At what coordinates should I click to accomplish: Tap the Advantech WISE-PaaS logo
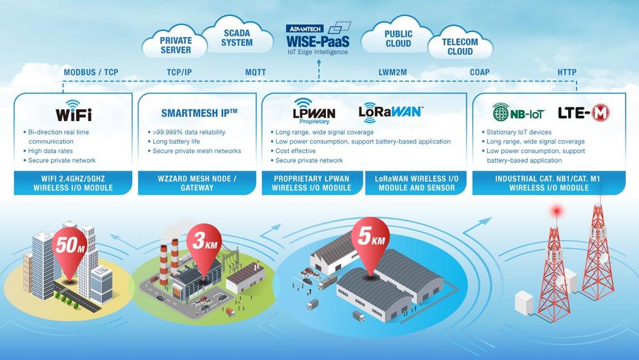(x=318, y=39)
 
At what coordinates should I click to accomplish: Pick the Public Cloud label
(x=398, y=39)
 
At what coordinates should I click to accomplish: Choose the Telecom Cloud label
(x=459, y=47)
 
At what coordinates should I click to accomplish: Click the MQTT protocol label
(x=256, y=72)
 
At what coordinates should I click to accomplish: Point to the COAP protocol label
(x=479, y=72)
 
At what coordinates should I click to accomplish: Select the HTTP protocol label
(x=567, y=72)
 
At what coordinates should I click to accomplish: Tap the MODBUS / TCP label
(x=91, y=72)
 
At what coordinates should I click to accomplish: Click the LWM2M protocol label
(x=392, y=72)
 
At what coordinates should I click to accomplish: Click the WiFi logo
(x=73, y=111)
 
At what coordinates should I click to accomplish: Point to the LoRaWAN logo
(x=391, y=112)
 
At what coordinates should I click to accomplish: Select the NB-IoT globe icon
(x=500, y=113)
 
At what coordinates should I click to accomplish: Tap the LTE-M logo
(x=583, y=113)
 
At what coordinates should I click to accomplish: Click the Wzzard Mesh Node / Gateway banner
(x=197, y=183)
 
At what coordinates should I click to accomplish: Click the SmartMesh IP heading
(x=199, y=113)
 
